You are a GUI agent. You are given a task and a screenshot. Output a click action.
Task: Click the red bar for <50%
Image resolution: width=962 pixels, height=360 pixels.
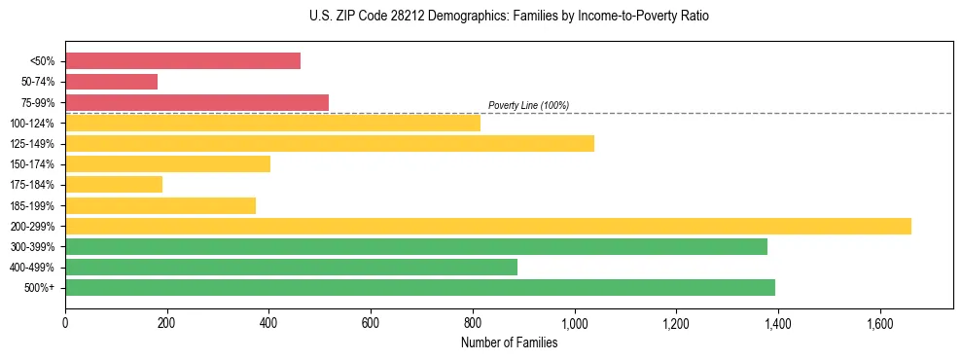[183, 61]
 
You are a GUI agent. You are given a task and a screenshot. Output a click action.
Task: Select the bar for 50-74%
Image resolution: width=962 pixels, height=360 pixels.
[111, 82]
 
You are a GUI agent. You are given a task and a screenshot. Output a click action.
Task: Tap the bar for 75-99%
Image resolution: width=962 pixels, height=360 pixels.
[196, 102]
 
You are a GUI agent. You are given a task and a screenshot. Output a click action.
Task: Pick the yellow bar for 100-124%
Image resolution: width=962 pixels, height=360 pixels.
[272, 123]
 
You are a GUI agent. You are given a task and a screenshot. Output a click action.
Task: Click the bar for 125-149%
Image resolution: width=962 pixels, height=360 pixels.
[330, 143]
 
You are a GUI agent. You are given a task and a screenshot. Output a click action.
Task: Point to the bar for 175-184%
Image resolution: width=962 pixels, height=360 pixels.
[114, 185]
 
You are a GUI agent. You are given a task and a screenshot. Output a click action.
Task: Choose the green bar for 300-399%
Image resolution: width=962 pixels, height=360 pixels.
[416, 246]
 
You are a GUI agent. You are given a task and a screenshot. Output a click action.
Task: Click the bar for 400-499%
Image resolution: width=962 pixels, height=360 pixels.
[291, 267]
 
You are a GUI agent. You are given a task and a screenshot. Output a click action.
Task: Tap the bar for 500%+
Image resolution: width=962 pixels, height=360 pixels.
[420, 287]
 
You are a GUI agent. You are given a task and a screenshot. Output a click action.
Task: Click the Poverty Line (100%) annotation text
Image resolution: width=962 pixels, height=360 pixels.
[528, 105]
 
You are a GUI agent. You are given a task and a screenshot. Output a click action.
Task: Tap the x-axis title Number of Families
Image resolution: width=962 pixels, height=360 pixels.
[509, 342]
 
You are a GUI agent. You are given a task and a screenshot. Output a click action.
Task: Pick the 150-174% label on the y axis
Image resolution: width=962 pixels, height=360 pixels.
[33, 164]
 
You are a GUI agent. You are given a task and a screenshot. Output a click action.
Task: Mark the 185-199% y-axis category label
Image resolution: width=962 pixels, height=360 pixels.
[33, 205]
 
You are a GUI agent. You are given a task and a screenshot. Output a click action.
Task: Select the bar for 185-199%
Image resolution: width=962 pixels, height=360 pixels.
[160, 205]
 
